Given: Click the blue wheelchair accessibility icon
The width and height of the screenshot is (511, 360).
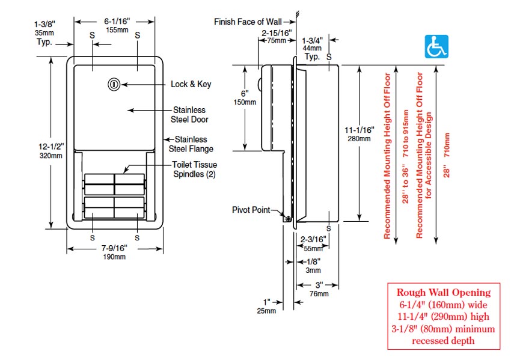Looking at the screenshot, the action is click(x=436, y=47).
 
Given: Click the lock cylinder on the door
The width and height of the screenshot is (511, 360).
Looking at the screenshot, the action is click(x=114, y=84).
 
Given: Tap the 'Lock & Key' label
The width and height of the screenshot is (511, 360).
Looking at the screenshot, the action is click(x=191, y=84).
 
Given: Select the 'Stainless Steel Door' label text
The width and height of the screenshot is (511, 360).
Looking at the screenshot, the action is click(x=189, y=115).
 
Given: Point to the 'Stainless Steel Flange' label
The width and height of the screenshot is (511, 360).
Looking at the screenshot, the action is click(x=191, y=144).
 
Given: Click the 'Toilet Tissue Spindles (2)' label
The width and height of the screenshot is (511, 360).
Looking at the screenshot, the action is click(x=195, y=169).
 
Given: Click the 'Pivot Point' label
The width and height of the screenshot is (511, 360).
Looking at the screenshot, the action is click(x=251, y=210).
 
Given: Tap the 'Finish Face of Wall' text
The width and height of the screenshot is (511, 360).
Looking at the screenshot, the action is click(x=248, y=22).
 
